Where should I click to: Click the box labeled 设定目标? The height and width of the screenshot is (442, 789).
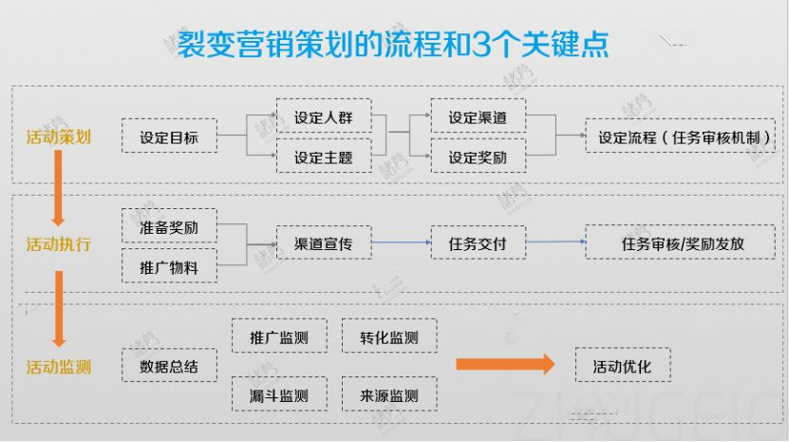click(x=169, y=137)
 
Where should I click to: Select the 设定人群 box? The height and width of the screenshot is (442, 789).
click(x=323, y=118)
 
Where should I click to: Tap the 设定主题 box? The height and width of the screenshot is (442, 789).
click(x=323, y=158)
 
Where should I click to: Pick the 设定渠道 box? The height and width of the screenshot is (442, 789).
click(x=477, y=118)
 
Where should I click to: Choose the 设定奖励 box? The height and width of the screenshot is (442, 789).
click(x=477, y=158)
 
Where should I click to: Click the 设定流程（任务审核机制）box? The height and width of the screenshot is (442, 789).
click(x=684, y=137)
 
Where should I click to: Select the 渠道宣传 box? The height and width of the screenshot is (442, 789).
click(x=323, y=244)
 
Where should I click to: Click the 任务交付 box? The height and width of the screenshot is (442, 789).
click(x=477, y=244)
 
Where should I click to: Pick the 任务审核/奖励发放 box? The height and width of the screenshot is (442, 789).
click(x=684, y=244)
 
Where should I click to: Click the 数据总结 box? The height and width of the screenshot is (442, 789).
click(x=169, y=366)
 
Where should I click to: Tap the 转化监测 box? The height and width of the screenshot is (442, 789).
click(x=388, y=336)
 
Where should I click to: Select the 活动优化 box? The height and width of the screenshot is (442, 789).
click(x=623, y=366)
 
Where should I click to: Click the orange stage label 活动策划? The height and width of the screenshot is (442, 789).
click(x=58, y=137)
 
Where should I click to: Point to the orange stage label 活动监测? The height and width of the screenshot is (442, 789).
click(x=58, y=367)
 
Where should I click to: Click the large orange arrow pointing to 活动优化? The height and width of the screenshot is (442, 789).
click(x=504, y=365)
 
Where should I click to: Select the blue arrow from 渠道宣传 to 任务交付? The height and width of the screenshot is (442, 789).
click(x=399, y=243)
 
